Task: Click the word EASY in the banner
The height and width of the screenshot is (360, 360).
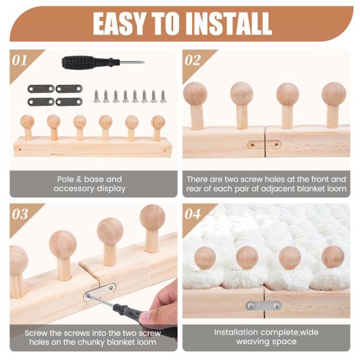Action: click(119, 24)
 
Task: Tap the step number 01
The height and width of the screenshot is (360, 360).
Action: click(20, 60)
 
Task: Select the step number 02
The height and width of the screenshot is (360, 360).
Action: click(192, 60)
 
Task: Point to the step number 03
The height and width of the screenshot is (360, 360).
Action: click(20, 214)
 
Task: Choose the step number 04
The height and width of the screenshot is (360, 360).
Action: click(193, 214)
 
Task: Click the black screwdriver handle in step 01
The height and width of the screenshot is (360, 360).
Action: click(90, 62)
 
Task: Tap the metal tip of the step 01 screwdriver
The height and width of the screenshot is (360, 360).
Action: click(133, 62)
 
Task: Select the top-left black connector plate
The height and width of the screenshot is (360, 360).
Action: click(41, 89)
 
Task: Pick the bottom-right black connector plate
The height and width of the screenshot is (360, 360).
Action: click(69, 102)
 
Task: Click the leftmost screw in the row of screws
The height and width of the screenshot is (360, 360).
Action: click(96, 97)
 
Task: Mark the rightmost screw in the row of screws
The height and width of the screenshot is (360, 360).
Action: click(163, 96)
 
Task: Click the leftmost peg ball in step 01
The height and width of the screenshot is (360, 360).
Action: click(27, 122)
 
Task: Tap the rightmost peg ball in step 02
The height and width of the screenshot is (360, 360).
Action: click(334, 94)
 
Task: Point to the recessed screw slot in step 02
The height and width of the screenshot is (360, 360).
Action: click(264, 145)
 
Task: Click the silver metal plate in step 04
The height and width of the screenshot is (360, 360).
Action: click(264, 306)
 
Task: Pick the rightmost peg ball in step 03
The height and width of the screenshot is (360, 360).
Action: click(152, 217)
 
